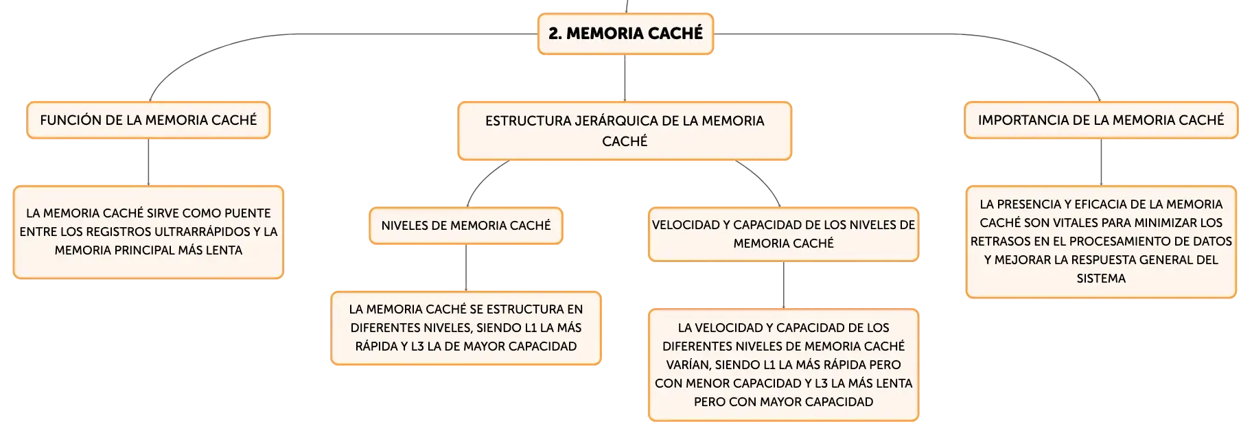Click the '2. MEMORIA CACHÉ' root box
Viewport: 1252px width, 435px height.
point(625,34)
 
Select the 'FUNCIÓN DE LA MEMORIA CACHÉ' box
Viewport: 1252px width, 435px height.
point(148,120)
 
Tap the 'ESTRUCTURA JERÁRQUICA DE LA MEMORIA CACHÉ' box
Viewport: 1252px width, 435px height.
point(625,131)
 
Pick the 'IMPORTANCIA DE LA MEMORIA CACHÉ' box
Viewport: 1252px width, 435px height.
point(1101,120)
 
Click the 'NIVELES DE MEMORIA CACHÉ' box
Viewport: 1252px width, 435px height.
point(466,226)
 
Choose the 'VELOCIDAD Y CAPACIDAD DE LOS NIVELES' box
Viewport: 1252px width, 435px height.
point(783,234)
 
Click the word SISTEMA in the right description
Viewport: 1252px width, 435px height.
point(1101,279)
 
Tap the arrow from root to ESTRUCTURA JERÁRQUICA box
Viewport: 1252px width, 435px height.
point(625,78)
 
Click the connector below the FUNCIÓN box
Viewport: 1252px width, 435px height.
point(148,162)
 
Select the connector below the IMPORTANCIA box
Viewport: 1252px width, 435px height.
point(1101,162)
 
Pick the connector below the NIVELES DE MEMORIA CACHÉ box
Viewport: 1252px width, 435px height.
point(466,268)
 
